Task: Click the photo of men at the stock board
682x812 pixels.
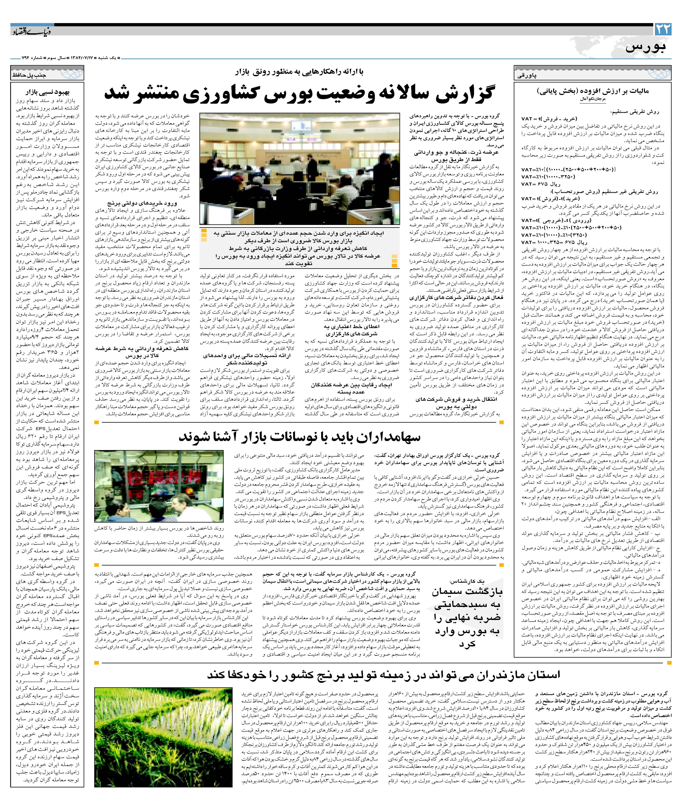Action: (159, 486)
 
